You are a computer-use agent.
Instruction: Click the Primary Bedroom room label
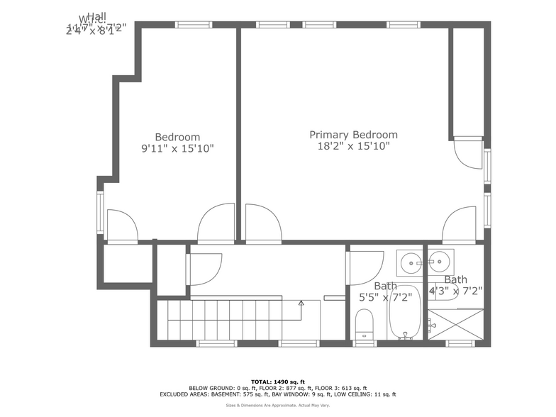pos(353,135)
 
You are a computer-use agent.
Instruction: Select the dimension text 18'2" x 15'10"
pos(353,147)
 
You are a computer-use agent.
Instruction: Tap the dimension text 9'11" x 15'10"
pos(177,149)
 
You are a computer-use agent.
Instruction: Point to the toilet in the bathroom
pos(365,325)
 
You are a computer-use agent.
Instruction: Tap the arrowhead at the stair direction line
pos(301,303)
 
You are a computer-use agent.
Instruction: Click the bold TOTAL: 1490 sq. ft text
pos(277,382)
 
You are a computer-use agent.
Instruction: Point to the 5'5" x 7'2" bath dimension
pos(386,298)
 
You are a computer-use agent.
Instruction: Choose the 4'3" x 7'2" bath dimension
pos(455,291)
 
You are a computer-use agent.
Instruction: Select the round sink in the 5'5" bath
pos(410,262)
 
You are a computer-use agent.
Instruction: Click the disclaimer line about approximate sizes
pos(277,406)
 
